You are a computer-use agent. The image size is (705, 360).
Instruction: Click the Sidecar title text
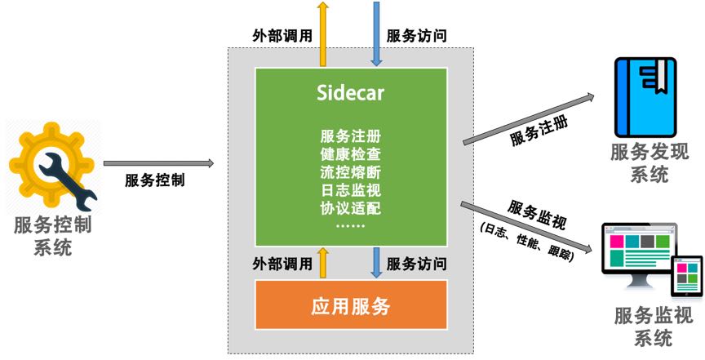[351, 92]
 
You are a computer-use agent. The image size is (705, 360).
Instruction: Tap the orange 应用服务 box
[351, 307]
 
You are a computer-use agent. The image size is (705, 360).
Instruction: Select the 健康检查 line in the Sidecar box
[351, 153]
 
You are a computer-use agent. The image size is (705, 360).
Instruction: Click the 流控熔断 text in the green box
[351, 171]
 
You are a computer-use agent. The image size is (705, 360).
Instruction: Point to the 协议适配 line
[351, 207]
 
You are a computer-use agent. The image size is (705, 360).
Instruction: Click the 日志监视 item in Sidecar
[351, 189]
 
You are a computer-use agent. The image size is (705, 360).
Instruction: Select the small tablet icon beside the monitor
[688, 276]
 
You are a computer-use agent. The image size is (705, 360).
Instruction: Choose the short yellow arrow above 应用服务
[323, 264]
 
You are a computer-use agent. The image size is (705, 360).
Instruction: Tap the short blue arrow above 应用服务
[377, 264]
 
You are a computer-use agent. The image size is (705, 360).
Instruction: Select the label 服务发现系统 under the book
[650, 162]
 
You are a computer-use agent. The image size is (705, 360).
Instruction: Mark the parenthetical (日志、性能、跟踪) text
[527, 241]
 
